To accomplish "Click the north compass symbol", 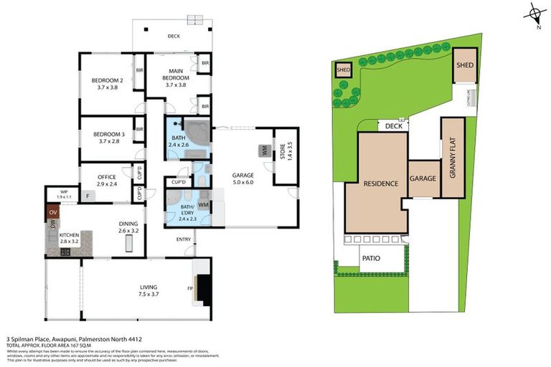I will point(534,14).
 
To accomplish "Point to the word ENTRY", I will point(183,239).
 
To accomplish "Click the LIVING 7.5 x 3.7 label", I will point(153,290).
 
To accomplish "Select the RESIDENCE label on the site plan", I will point(380,183).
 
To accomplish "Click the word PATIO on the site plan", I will point(370,258).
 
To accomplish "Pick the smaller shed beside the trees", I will point(343,70).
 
